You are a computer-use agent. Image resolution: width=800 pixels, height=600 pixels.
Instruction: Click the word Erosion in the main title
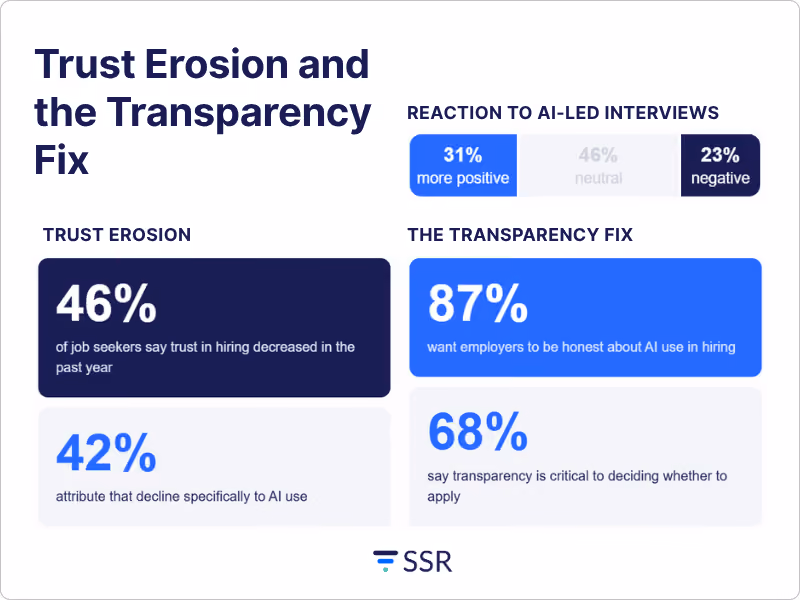coord(218,64)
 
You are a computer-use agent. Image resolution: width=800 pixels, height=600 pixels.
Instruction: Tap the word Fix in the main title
coord(61,160)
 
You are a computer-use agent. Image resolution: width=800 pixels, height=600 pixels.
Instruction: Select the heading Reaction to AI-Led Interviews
coord(563,113)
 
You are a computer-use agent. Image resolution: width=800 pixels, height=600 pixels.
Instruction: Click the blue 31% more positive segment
coord(463,165)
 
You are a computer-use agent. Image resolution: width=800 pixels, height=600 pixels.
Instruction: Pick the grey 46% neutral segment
coord(599,165)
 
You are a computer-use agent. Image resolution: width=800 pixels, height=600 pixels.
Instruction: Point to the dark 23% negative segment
coord(720,165)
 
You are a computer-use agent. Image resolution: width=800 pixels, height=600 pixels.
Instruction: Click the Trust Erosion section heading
coord(117,235)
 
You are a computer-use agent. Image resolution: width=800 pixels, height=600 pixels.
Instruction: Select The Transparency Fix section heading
coord(520,235)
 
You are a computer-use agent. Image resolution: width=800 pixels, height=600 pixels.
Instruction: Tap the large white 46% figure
coord(106,304)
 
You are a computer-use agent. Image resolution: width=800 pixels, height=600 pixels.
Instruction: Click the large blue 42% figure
coord(106,453)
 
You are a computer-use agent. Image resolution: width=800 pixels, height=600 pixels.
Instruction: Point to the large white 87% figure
coord(478,304)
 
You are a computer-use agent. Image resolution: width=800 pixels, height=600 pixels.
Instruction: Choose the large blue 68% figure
coord(478,432)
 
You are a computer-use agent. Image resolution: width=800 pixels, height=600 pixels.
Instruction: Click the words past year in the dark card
coord(84,368)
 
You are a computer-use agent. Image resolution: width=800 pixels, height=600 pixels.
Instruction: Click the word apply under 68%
coord(444,497)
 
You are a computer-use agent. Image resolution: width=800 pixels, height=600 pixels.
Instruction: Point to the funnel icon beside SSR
coord(385,561)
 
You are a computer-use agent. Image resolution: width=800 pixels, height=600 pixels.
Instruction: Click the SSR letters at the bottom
coord(428,562)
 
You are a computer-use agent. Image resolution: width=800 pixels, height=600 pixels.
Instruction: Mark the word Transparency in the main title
coord(239,113)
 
